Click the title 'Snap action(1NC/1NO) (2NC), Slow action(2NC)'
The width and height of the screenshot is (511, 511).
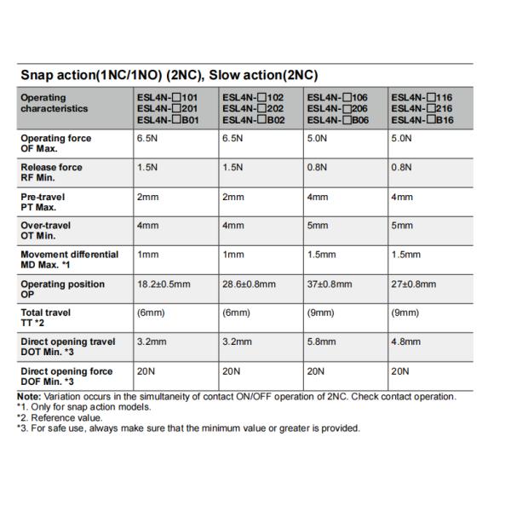(169, 75)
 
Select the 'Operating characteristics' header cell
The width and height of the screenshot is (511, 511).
(54, 103)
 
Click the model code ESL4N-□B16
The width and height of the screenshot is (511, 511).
(422, 120)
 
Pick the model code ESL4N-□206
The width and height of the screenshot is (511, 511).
(337, 109)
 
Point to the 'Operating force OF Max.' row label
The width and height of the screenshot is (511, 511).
(56, 143)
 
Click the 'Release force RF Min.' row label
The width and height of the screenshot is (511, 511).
(52, 172)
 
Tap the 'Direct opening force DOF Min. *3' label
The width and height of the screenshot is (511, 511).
(66, 376)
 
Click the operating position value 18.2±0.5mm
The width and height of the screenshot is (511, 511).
(164, 284)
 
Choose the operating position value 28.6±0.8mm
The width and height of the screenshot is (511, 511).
(249, 284)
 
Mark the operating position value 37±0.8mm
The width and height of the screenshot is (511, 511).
(329, 284)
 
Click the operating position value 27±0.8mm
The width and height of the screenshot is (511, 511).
(414, 284)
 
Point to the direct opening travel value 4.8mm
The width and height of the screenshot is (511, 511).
(406, 342)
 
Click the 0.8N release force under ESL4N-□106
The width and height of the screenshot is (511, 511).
(318, 167)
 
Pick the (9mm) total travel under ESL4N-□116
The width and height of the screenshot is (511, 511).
(405, 313)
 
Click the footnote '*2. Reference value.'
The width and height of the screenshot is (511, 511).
(59, 417)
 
